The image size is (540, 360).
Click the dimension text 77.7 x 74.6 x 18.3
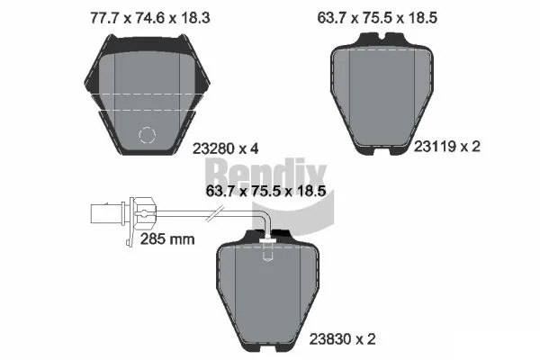149,18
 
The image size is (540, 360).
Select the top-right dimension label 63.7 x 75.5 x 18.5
377,18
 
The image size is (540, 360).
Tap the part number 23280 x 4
226,148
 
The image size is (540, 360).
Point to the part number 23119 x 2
446,147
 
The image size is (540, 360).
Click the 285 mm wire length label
167,239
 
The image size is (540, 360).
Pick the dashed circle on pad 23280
147,135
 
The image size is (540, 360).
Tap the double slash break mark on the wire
215,213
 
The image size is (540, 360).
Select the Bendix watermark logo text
267,174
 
